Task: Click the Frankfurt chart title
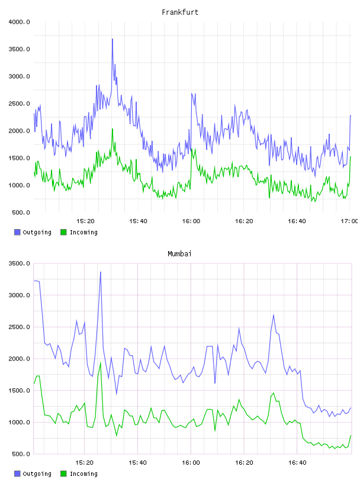coord(180,12)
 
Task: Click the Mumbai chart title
coord(179,254)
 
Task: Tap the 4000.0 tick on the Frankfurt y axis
coord(19,22)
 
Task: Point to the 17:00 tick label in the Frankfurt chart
coord(349,221)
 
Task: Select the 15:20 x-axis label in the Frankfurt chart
coord(85,221)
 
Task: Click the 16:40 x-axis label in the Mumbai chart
coord(297,463)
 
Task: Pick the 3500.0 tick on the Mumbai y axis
coord(19,263)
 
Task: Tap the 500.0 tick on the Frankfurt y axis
coord(21,212)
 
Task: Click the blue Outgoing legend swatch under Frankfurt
coord(17,232)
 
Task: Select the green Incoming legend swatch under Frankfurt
coord(63,232)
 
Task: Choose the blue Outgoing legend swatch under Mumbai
coord(17,474)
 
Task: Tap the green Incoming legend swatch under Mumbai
coord(63,474)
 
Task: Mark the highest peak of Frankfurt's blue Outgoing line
coord(112,39)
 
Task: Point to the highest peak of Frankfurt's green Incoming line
coord(112,129)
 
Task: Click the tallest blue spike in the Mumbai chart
coord(101,272)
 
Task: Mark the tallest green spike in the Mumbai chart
coord(101,363)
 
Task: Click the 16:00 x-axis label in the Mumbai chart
coord(191,463)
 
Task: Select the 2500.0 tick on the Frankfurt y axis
coord(19,104)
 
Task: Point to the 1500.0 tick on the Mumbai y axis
coord(19,391)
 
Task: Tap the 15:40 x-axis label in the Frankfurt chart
coord(138,221)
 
